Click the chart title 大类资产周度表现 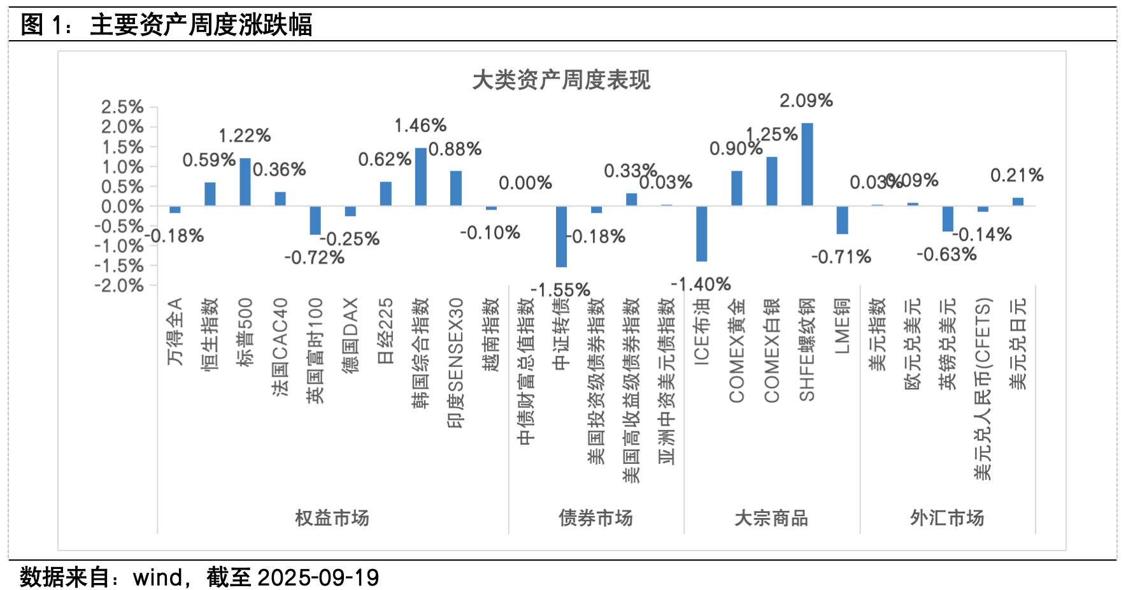[x=561, y=80]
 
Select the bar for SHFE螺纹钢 [x=807, y=164]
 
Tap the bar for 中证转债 [x=561, y=236]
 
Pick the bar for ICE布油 [x=701, y=234]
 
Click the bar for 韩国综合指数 [x=420, y=176]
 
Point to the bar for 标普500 [x=245, y=182]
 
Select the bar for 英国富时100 [x=315, y=220]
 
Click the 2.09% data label [x=806, y=101]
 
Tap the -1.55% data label [x=560, y=291]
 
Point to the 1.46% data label [x=420, y=126]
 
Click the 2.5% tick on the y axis [x=122, y=107]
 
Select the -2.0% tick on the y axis [x=119, y=285]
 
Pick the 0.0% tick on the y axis [x=122, y=206]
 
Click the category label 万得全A [x=175, y=331]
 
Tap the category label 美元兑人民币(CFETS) [x=983, y=389]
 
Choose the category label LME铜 [x=842, y=326]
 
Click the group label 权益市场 [x=332, y=518]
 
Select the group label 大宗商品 [x=771, y=518]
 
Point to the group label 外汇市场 [x=947, y=518]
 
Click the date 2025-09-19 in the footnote [x=318, y=578]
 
